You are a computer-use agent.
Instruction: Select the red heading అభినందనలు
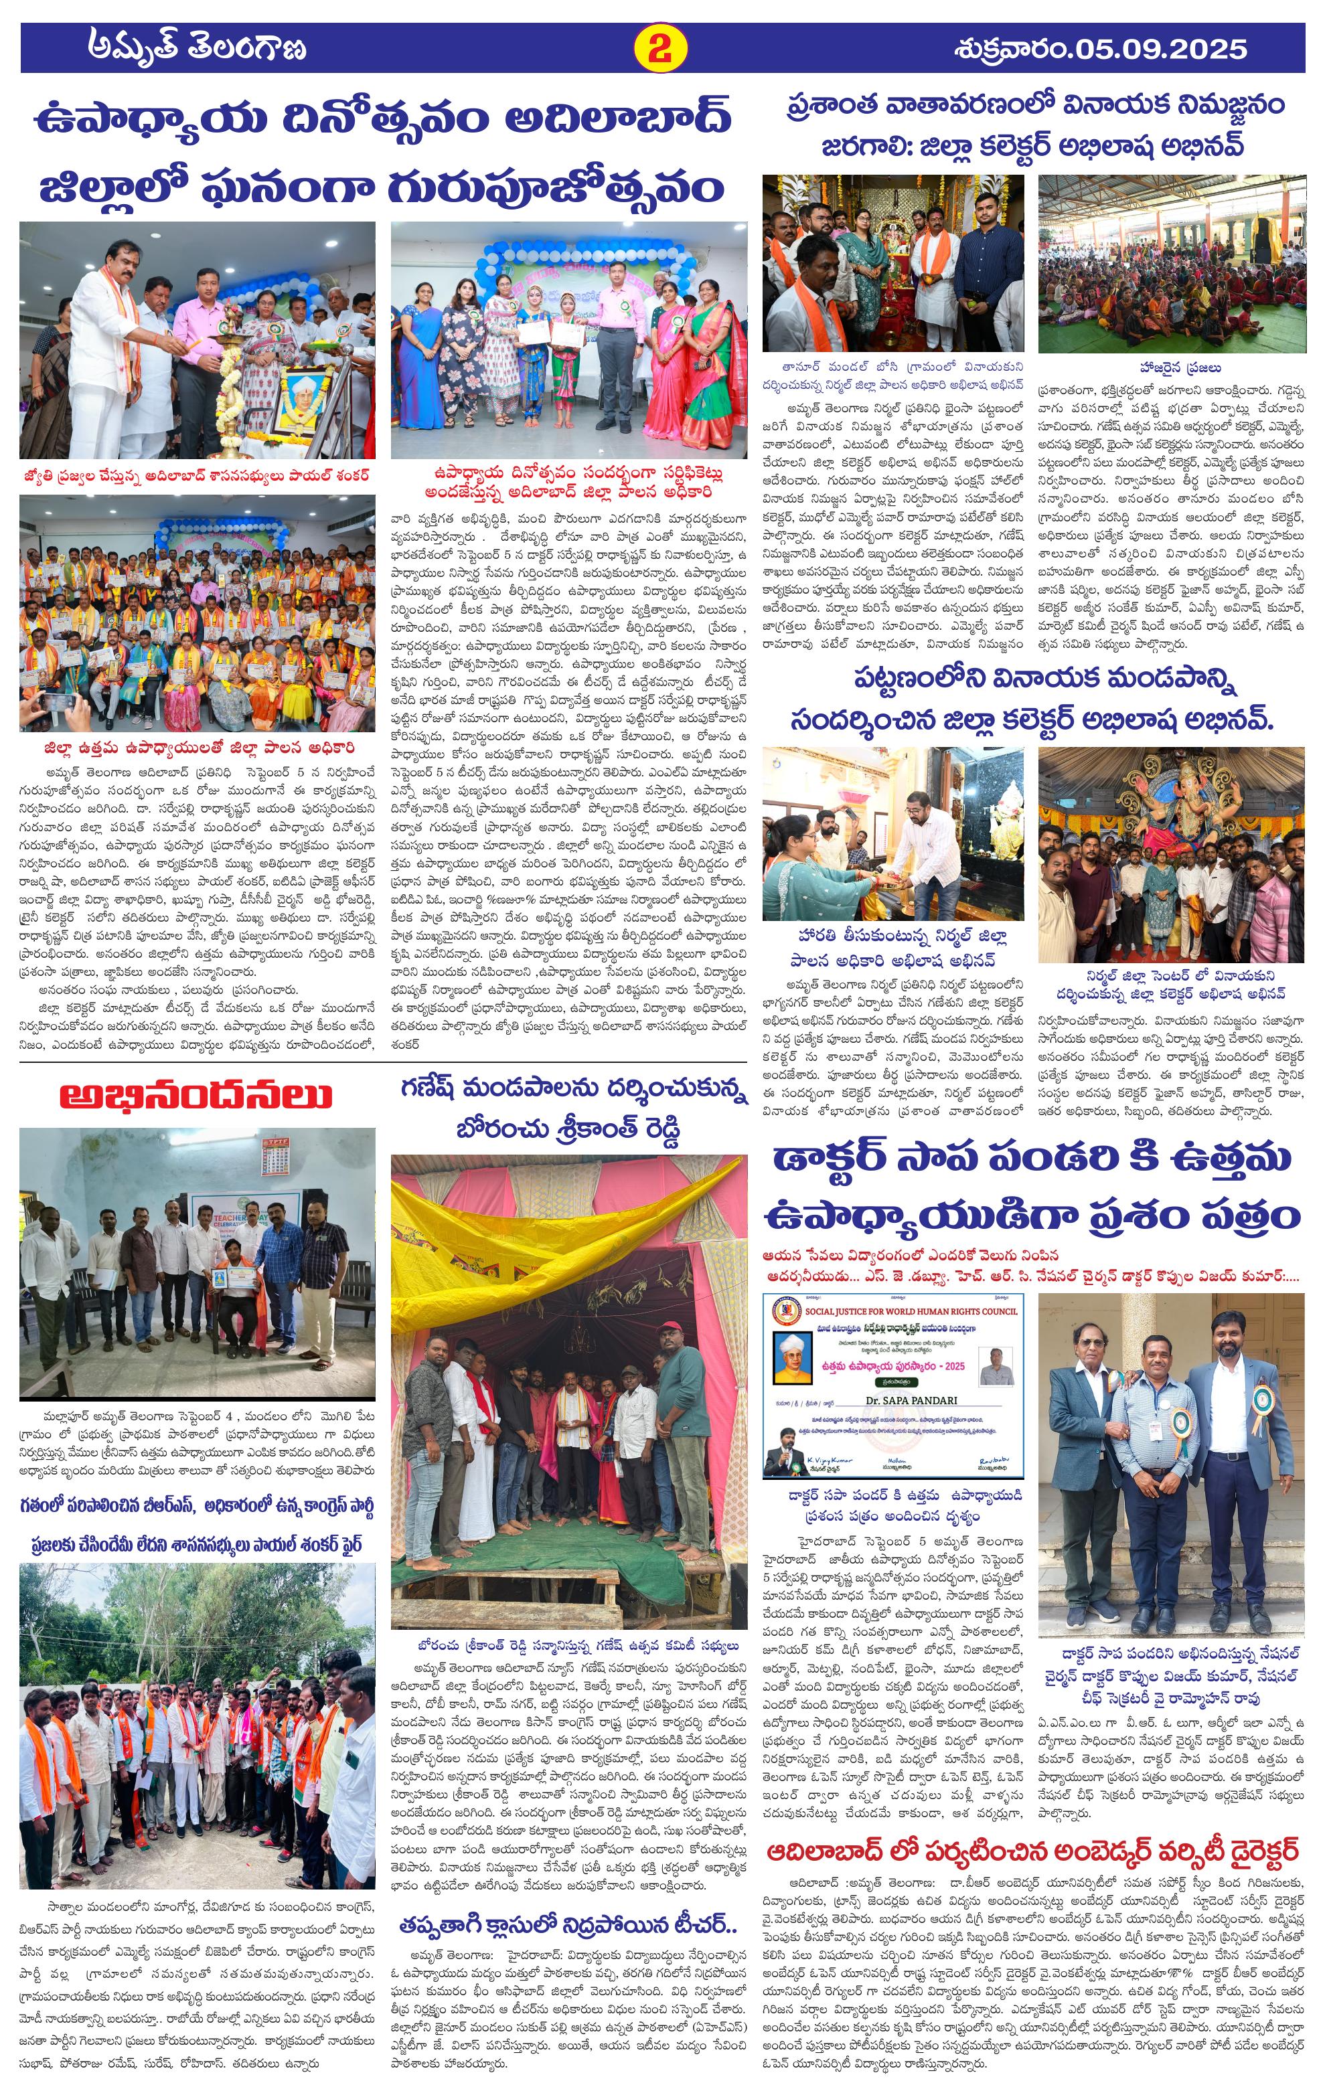(x=196, y=1095)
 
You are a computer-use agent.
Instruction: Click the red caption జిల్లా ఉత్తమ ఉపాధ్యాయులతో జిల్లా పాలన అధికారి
(x=198, y=746)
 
